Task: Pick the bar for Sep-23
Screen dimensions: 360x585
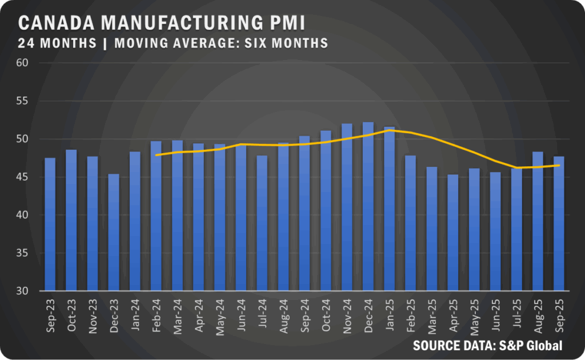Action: pyautogui.click(x=50, y=224)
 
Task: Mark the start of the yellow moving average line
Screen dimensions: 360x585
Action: pyautogui.click(x=156, y=155)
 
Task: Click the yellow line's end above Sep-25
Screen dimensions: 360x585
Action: pyautogui.click(x=559, y=165)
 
